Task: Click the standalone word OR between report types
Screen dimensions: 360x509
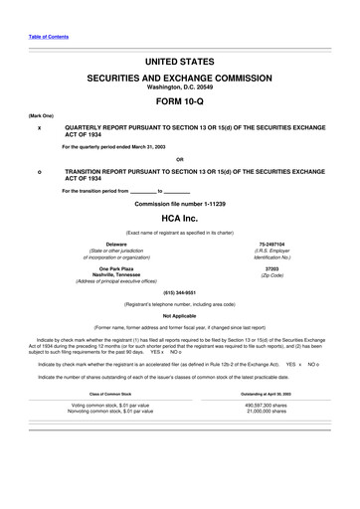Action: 179,158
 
